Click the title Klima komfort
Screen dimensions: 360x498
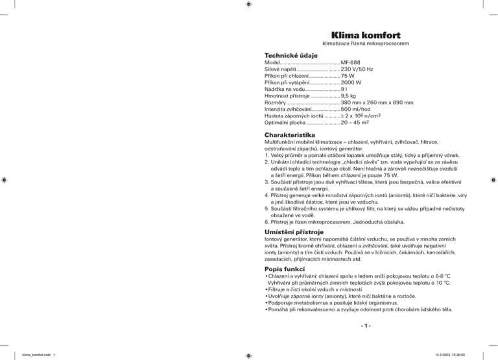(x=364, y=34)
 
